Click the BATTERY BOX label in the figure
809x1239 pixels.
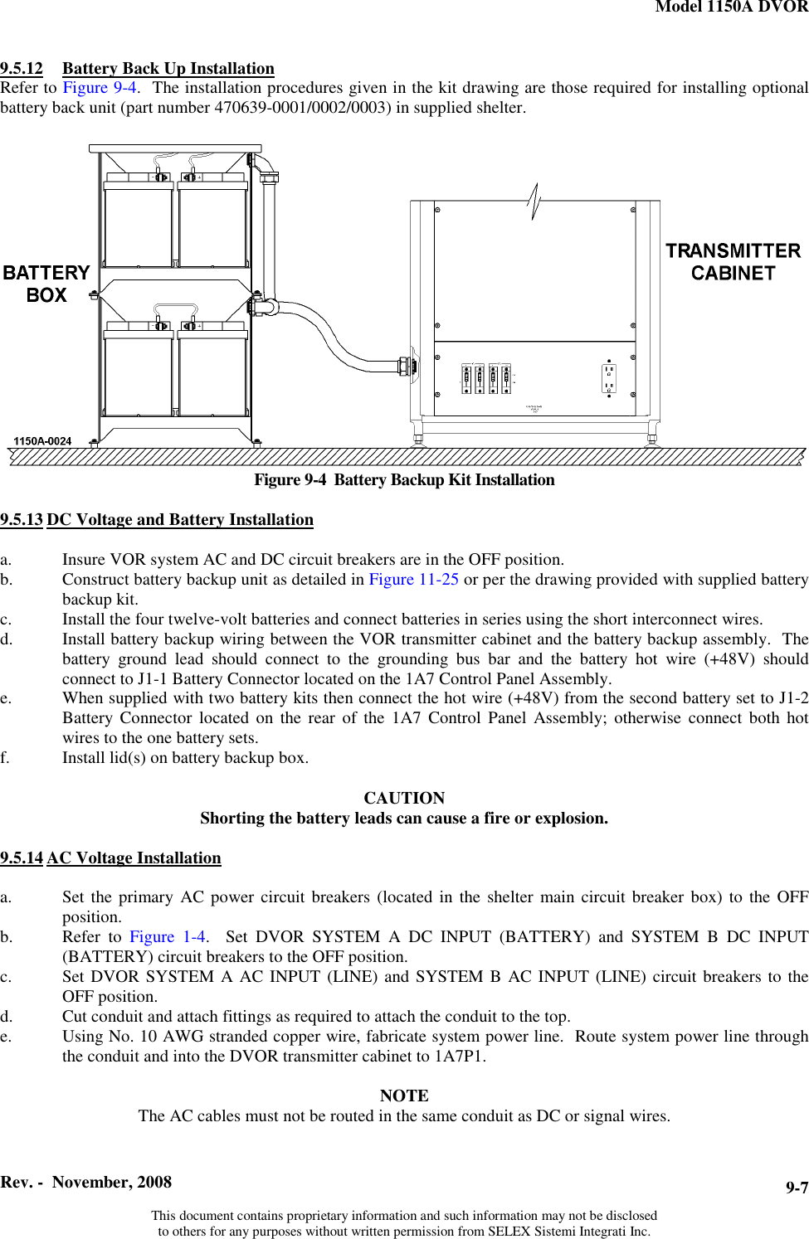pyautogui.click(x=46, y=284)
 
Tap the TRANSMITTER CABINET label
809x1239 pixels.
pyautogui.click(x=733, y=262)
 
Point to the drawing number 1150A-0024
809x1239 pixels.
pyautogui.click(x=42, y=441)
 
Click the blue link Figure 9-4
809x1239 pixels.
pyautogui.click(x=100, y=88)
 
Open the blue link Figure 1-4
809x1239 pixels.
pyautogui.click(x=168, y=937)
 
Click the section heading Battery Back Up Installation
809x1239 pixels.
pyautogui.click(x=168, y=69)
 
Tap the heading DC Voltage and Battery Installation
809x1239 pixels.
pyautogui.click(x=180, y=520)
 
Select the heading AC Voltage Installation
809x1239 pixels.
pyautogui.click(x=134, y=858)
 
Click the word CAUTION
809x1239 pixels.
pyautogui.click(x=404, y=798)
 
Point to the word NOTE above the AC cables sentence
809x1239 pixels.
pyautogui.click(x=404, y=1096)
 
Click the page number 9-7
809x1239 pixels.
pyautogui.click(x=797, y=1188)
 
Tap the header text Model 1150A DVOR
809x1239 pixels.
pyautogui.click(x=731, y=7)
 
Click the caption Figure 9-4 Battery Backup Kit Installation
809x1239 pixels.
pyautogui.click(x=404, y=480)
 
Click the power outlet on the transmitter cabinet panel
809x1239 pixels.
pyautogui.click(x=609, y=378)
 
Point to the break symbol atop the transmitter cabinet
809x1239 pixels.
pyautogui.click(x=534, y=202)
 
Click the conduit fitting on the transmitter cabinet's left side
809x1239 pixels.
pyautogui.click(x=406, y=365)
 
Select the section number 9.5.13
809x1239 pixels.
pyautogui.click(x=22, y=520)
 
